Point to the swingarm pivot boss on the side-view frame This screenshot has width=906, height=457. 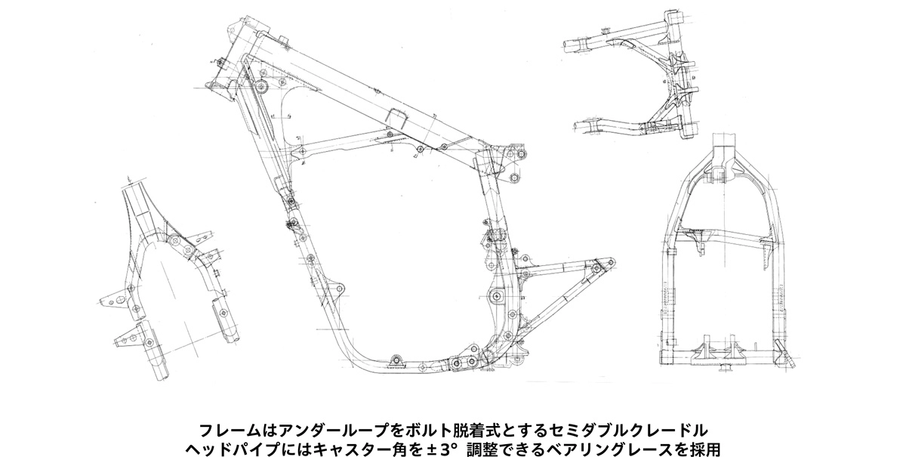(495, 296)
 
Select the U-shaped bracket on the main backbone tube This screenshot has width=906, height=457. (395, 118)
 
